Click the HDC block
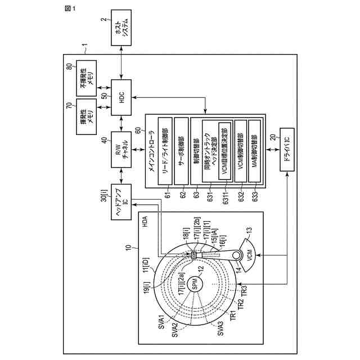click(x=121, y=97)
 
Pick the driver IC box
click(x=287, y=137)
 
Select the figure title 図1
click(x=54, y=10)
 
